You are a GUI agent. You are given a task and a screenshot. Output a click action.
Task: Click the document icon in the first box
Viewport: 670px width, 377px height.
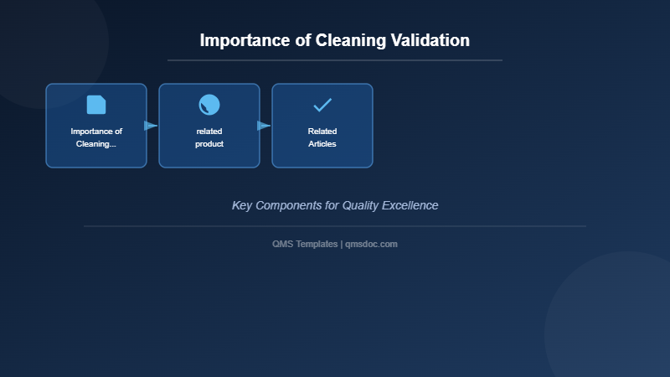[x=96, y=105]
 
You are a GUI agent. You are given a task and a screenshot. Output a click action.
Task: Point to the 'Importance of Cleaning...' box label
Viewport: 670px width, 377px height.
[x=96, y=137]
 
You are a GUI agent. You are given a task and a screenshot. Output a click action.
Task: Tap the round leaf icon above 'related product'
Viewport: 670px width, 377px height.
[x=209, y=105]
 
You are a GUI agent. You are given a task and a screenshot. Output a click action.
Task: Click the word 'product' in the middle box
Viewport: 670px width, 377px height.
[x=209, y=144]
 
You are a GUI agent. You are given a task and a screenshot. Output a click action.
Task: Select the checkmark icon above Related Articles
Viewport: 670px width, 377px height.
[x=322, y=105]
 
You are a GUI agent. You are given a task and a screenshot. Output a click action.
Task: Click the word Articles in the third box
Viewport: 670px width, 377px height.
[x=322, y=144]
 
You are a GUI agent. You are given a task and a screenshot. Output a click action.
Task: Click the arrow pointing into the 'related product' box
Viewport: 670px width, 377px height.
[x=151, y=126]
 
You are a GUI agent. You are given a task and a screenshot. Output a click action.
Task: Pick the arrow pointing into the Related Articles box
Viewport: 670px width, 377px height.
[x=264, y=126]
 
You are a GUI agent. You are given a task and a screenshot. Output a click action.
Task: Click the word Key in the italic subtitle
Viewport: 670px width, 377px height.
[x=242, y=205]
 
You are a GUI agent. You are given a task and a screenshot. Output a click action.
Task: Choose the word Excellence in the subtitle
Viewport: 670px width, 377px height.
[x=410, y=205]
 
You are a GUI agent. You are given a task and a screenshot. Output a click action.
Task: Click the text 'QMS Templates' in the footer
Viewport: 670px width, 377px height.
[x=305, y=244]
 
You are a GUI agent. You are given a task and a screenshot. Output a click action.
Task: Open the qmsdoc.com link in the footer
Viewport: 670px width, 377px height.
[x=371, y=244]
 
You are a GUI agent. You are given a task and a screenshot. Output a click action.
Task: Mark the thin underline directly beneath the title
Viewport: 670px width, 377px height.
[x=335, y=60]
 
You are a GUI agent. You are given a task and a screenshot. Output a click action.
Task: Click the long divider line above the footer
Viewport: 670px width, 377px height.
[x=335, y=226]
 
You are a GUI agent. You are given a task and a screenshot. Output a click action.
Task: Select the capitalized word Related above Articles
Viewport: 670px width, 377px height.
[x=322, y=132]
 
